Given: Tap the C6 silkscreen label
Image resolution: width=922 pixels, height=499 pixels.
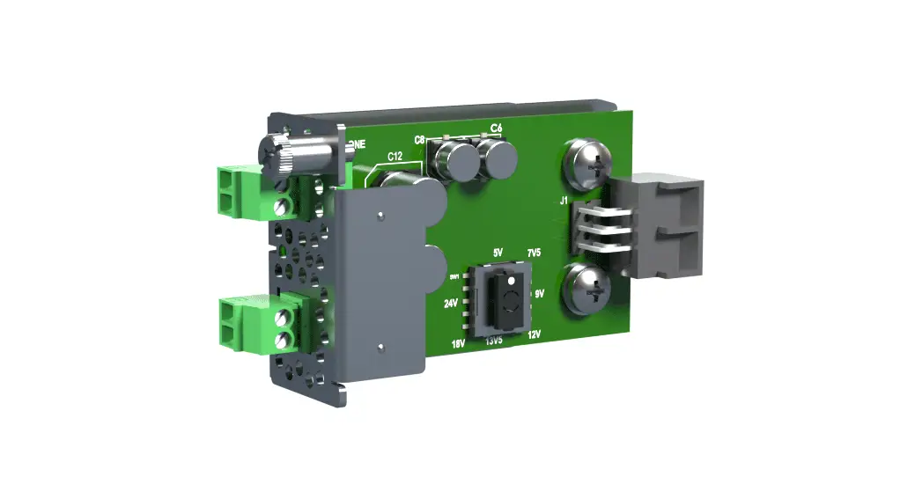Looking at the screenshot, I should pos(496,128).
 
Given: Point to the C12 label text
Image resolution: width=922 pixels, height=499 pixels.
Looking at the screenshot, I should pos(395,157).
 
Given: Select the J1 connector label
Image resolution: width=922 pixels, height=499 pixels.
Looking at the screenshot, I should pos(563,202).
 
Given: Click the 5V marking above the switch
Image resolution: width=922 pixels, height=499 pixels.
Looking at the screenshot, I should pos(498,253).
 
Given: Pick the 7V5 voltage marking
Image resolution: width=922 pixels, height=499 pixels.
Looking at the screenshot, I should pos(534,254).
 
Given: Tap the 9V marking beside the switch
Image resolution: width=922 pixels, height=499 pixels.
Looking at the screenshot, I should pos(541,293).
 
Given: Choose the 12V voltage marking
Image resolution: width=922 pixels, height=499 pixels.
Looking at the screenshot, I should pos(534,334).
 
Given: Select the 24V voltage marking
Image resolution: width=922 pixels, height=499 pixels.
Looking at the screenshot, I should pos(450,304).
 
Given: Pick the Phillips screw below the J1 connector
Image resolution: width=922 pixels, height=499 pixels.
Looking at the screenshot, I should pos(587,286).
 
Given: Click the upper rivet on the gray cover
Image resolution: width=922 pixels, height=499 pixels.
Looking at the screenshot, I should pos(380,213).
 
